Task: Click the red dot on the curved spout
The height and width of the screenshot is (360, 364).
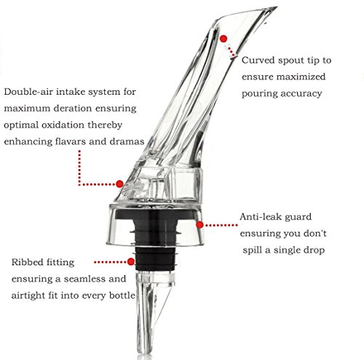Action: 223,39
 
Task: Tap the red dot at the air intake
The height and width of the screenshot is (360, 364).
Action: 119,184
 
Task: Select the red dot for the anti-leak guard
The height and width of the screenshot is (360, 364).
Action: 199,225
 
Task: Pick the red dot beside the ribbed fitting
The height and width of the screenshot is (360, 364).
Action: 131,262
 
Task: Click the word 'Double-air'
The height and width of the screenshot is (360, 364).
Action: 28,92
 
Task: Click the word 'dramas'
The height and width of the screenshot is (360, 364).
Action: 127,141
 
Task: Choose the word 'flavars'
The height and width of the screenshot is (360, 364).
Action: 71,141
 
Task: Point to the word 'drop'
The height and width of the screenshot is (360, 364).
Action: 314,251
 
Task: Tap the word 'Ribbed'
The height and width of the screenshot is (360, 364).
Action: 27,262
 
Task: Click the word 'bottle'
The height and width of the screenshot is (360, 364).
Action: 122,295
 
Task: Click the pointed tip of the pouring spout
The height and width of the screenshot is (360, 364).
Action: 277,7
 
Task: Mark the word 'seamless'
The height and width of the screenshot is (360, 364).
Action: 84,279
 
